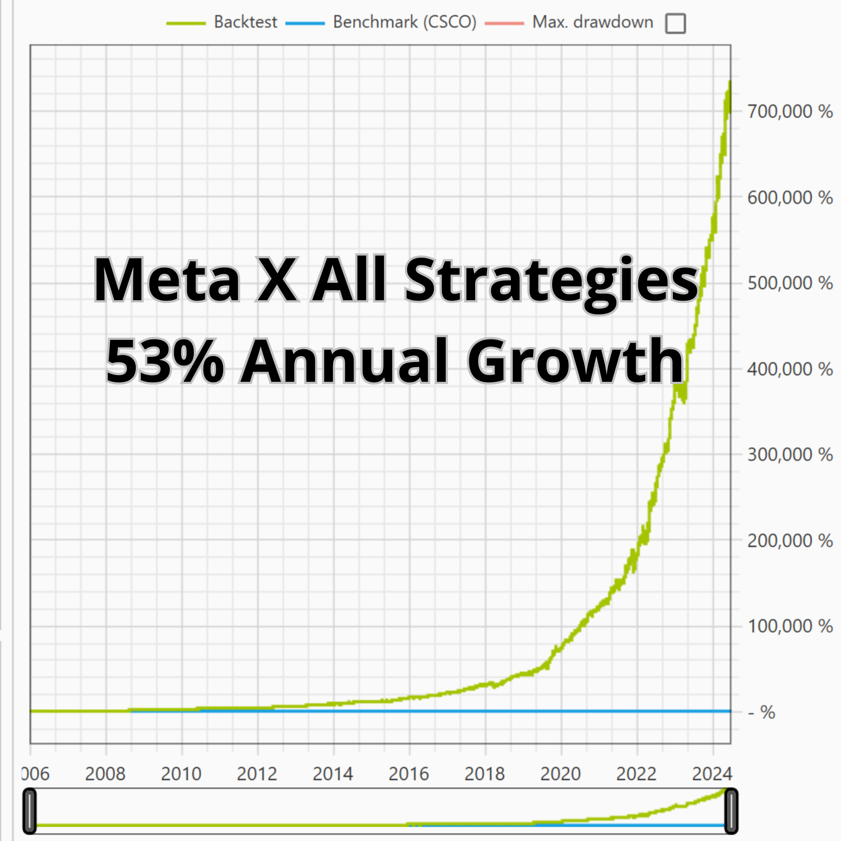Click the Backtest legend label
click(245, 22)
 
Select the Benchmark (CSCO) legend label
click(405, 22)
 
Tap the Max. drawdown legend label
click(592, 22)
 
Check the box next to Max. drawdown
click(675, 23)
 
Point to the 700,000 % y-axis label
click(790, 111)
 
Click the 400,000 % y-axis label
click(790, 369)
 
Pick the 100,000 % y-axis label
click(790, 626)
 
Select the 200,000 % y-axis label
click(790, 541)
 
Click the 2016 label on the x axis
click(409, 774)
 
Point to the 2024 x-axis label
click(712, 774)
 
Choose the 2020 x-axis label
click(561, 774)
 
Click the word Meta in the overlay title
click(166, 280)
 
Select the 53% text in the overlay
click(164, 361)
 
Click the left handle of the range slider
click(29, 811)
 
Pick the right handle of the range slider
click(731, 811)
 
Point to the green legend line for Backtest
click(186, 24)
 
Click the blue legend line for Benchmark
click(305, 24)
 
